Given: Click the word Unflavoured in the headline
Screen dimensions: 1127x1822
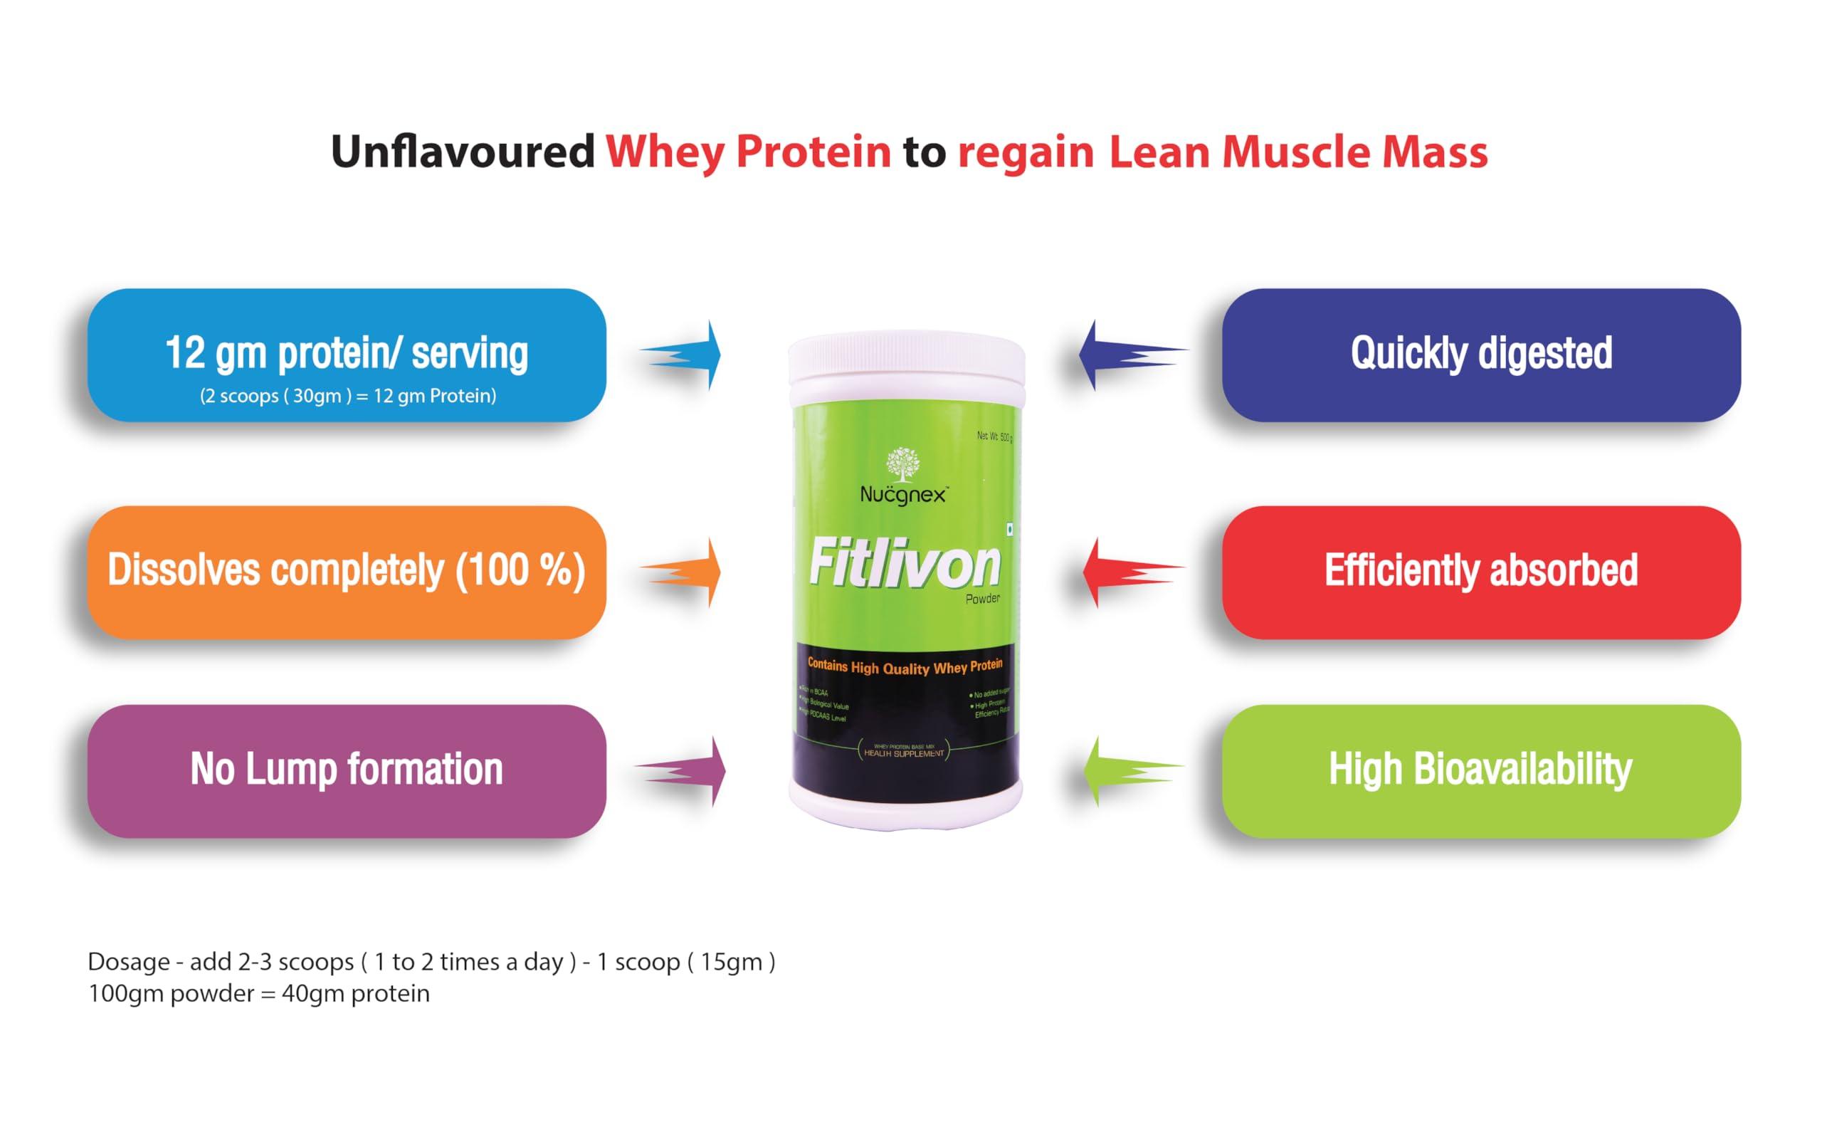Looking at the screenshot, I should [462, 152].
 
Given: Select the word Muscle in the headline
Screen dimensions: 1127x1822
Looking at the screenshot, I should [1295, 152].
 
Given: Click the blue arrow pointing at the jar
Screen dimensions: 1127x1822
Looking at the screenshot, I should [685, 355].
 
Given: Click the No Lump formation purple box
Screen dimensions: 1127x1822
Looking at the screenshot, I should [347, 771].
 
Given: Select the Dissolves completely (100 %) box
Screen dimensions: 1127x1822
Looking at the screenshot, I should [347, 572].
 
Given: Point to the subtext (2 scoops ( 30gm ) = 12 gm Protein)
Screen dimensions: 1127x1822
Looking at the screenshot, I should [347, 396].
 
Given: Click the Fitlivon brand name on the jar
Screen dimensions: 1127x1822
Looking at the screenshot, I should [904, 565].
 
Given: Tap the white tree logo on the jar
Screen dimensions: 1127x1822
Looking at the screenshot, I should [902, 463].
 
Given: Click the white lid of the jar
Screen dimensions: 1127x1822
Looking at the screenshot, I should [906, 365].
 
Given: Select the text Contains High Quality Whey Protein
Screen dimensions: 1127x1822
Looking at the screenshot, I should [905, 666].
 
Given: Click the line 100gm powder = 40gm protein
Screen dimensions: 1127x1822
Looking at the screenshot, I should [258, 995].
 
